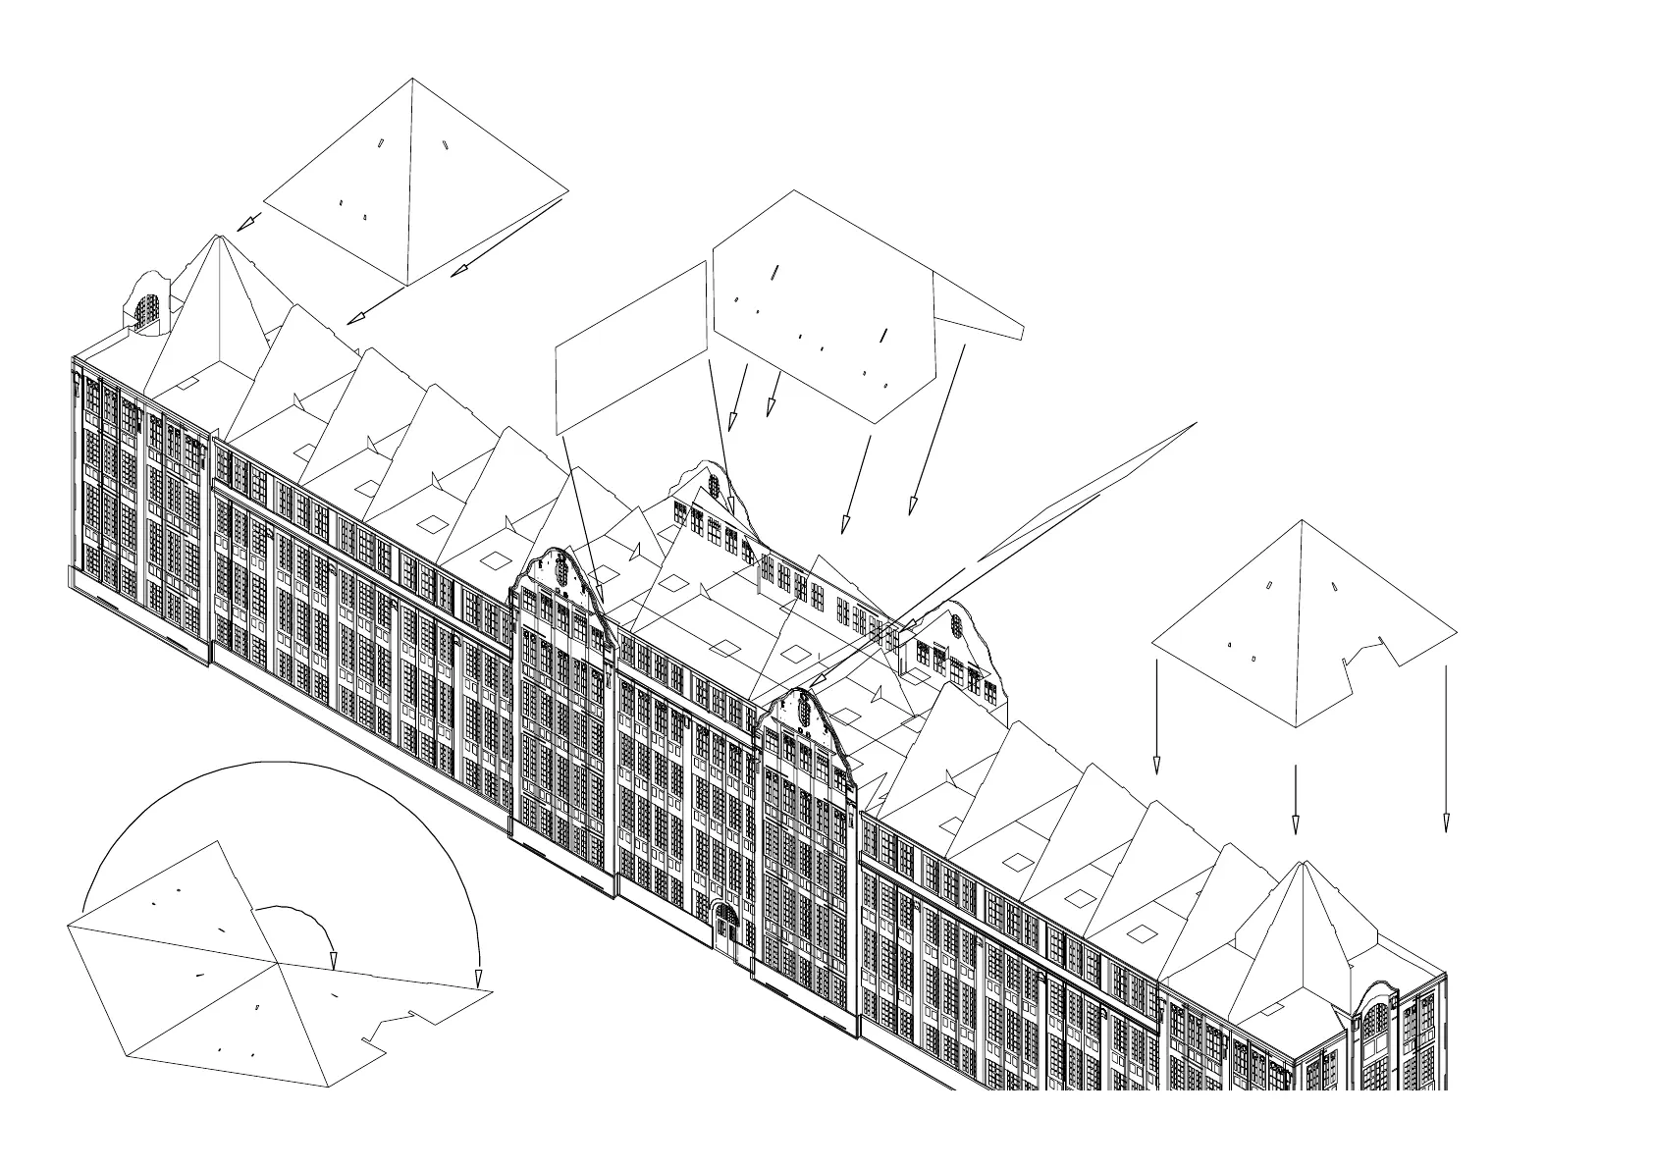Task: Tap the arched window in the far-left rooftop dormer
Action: tap(145, 311)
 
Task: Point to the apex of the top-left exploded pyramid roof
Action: tap(412, 80)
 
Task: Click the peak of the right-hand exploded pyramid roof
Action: tap(1302, 521)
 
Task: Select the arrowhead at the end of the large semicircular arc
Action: tap(478, 980)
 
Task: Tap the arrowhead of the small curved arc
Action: tap(333, 961)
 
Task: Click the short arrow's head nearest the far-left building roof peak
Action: tap(245, 224)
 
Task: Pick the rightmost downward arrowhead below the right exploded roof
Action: tap(1445, 824)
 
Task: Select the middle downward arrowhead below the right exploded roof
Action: tap(1295, 826)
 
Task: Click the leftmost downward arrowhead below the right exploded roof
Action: tap(1156, 766)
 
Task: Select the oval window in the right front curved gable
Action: tap(805, 709)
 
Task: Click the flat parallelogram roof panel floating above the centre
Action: tap(631, 348)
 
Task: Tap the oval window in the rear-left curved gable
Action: tap(714, 486)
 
